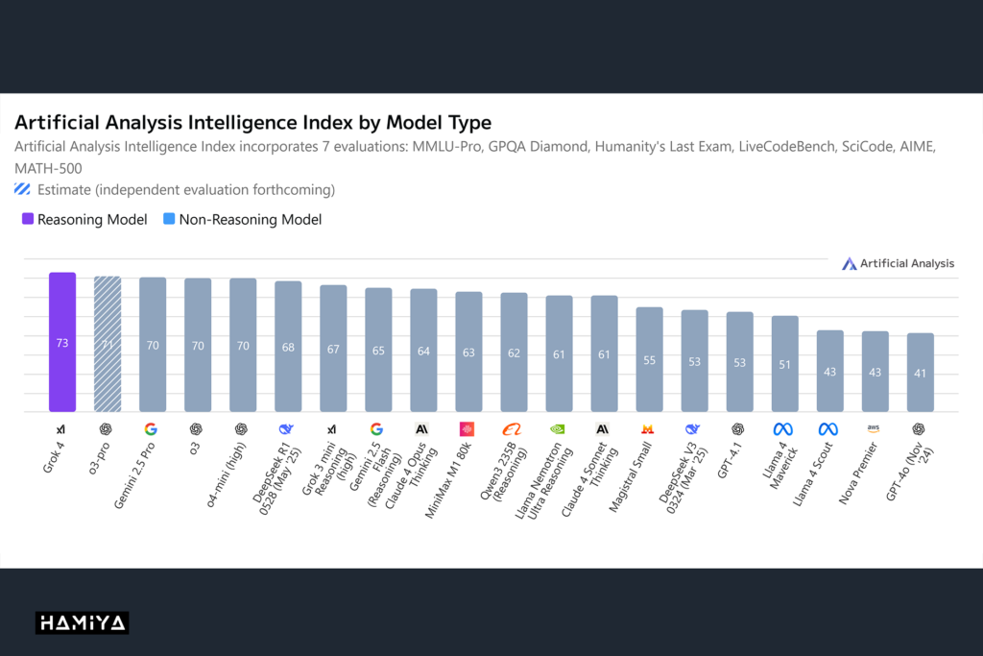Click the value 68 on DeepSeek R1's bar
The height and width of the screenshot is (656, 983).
click(x=288, y=347)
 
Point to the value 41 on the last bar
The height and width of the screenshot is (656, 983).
click(x=920, y=373)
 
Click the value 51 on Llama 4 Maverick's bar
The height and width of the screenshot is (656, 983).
click(x=784, y=364)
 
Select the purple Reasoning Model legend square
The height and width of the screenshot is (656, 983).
click(x=28, y=219)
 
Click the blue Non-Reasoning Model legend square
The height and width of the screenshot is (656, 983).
click(x=169, y=219)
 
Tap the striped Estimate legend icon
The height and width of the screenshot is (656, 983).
click(x=23, y=188)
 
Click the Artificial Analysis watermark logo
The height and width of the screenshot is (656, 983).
click(x=849, y=263)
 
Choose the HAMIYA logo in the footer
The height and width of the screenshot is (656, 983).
click(x=83, y=623)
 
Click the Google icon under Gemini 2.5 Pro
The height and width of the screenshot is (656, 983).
click(x=151, y=429)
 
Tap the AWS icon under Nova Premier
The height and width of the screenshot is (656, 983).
click(x=874, y=429)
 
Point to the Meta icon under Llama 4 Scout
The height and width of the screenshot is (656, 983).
click(x=828, y=429)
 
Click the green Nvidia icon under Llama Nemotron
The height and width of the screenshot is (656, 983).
click(x=558, y=429)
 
